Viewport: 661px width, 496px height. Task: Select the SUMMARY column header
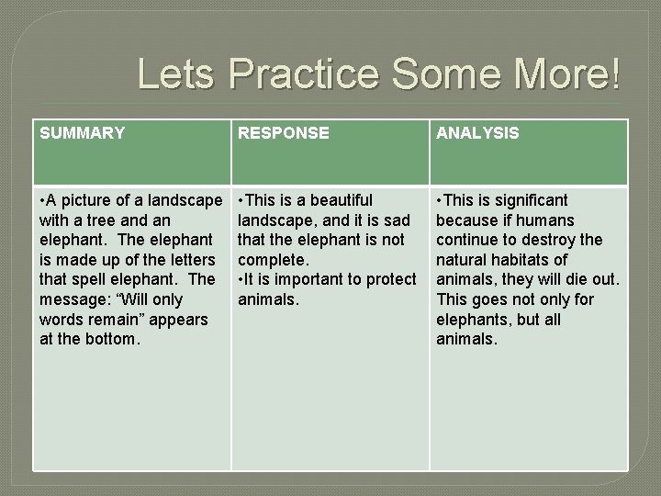click(x=82, y=133)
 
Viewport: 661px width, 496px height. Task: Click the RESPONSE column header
click(x=283, y=133)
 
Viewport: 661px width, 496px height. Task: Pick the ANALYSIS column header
click(x=477, y=133)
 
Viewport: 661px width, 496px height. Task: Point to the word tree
click(x=129, y=220)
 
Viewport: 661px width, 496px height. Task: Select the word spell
click(x=90, y=279)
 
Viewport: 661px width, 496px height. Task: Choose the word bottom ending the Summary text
click(x=112, y=340)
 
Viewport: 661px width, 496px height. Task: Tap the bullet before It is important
click(x=241, y=279)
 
